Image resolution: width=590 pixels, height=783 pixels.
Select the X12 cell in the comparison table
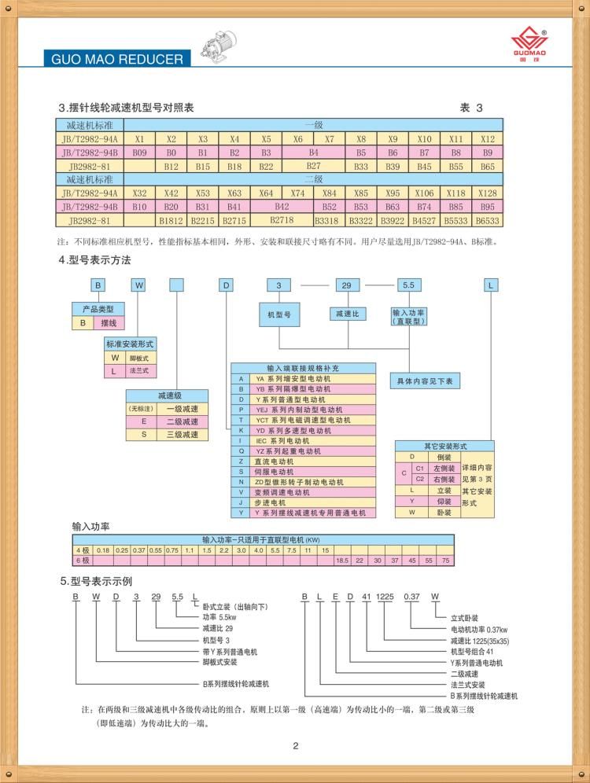[x=487, y=138]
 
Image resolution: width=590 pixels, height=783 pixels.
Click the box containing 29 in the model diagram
[x=346, y=285]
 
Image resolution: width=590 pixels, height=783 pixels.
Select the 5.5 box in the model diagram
[x=407, y=285]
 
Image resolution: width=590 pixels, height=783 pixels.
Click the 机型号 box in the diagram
[x=279, y=314]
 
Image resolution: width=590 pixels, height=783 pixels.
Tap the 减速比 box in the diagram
[x=346, y=314]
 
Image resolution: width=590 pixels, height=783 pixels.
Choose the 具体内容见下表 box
[x=426, y=380]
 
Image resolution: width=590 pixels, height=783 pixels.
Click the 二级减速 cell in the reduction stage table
[x=182, y=421]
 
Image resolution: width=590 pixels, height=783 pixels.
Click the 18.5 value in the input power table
[x=341, y=560]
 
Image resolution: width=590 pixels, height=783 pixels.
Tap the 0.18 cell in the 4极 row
[x=102, y=550]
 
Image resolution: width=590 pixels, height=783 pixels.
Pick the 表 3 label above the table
[x=471, y=108]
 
